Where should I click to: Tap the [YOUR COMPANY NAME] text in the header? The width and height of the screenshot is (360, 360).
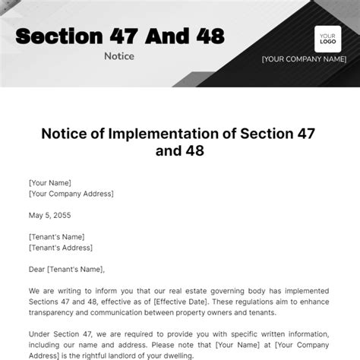pyautogui.click(x=305, y=59)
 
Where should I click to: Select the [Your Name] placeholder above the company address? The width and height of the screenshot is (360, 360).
pyautogui.click(x=50, y=182)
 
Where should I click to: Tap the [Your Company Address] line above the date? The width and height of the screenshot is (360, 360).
pyautogui.click(x=71, y=194)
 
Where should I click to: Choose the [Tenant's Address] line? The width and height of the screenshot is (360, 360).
pyautogui.click(x=60, y=247)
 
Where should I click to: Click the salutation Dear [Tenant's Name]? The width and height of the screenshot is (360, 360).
pyautogui.click(x=66, y=268)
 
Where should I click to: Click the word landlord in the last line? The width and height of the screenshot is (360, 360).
pyautogui.click(x=137, y=355)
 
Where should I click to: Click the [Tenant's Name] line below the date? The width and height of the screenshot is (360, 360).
pyautogui.click(x=56, y=236)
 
